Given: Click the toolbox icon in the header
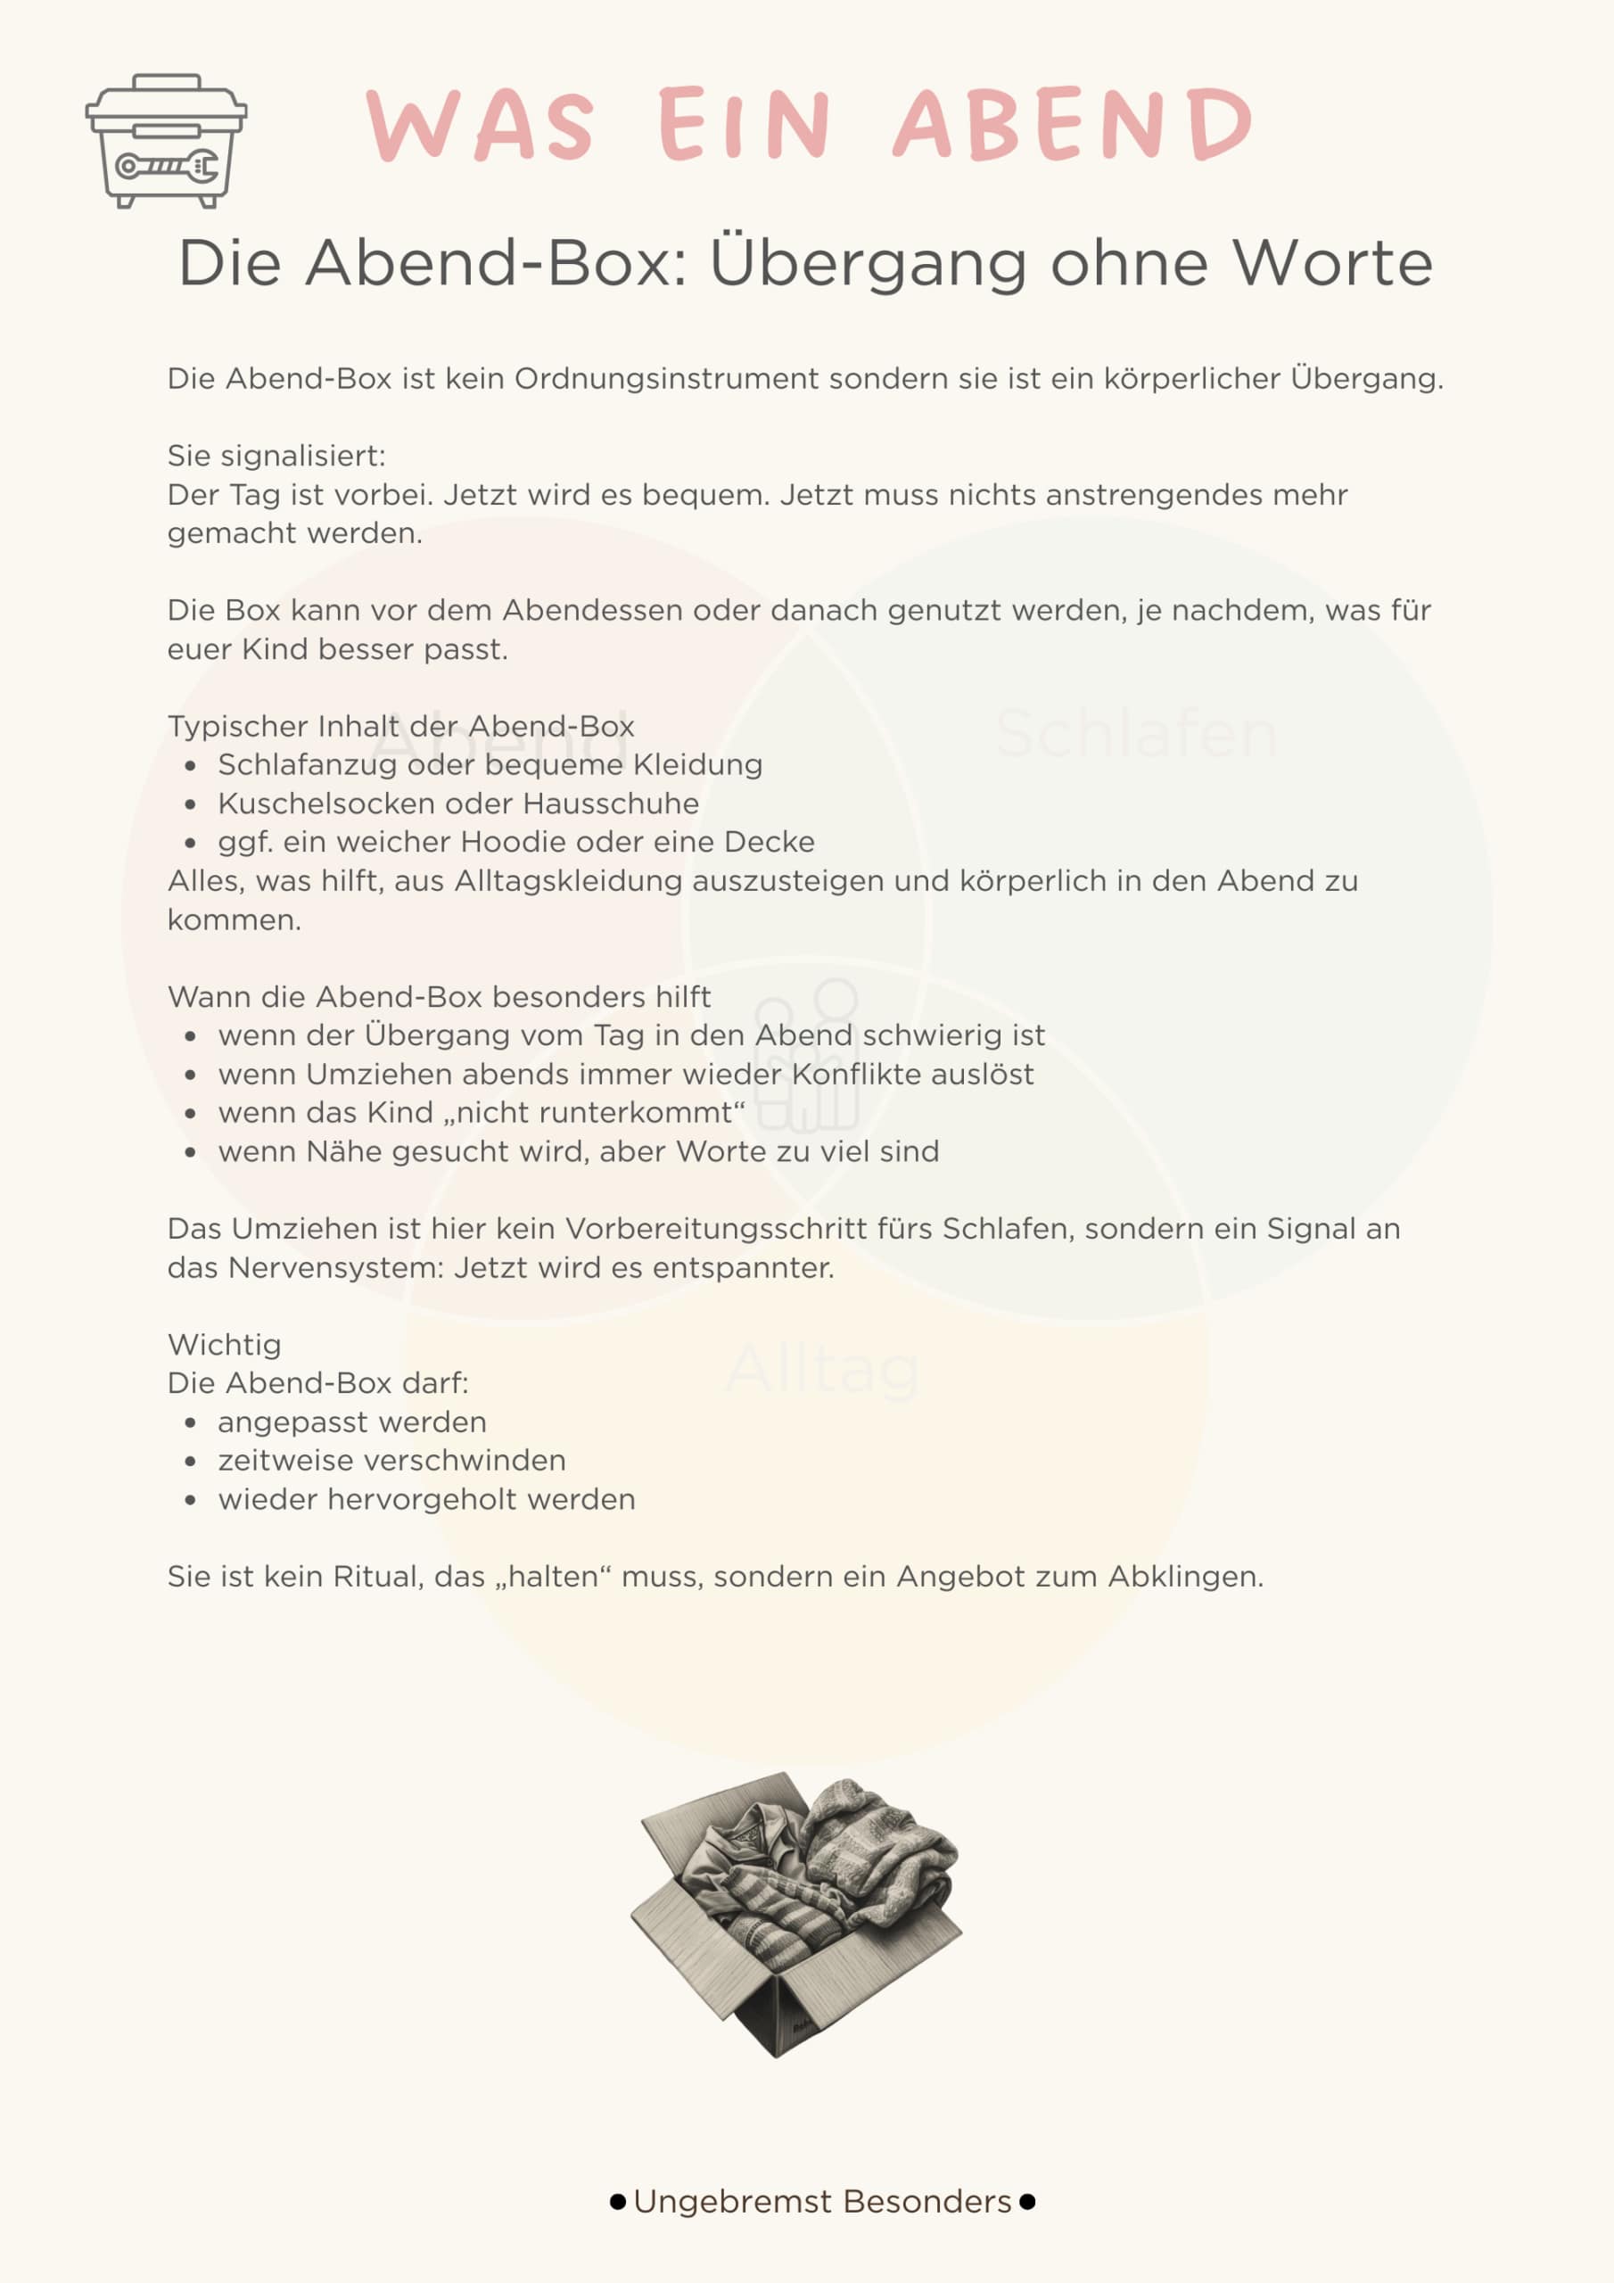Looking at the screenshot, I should [x=166, y=140].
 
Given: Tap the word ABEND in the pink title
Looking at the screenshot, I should [x=1072, y=124].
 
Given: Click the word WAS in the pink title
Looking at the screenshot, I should [x=481, y=124].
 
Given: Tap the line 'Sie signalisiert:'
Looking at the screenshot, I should [x=276, y=457].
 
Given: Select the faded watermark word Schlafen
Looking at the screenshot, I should [x=1136, y=734].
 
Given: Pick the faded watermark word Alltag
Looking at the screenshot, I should [x=822, y=1370].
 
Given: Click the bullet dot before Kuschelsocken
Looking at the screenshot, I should [x=190, y=804].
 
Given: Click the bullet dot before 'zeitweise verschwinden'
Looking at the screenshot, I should [x=190, y=1462].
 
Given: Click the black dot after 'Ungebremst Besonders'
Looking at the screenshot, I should [x=1027, y=2202].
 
